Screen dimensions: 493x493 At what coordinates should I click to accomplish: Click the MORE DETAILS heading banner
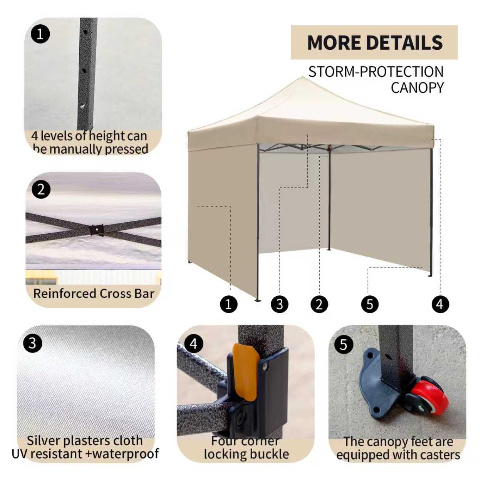(374, 42)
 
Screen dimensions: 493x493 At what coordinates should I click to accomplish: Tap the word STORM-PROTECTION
(376, 72)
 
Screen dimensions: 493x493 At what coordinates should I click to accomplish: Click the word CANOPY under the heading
(417, 88)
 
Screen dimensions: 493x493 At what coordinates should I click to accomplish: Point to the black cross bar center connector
(97, 230)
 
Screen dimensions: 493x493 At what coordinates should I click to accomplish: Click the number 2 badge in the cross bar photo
(41, 189)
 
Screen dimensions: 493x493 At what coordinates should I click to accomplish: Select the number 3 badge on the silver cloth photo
(32, 343)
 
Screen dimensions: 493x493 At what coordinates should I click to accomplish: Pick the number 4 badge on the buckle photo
(194, 344)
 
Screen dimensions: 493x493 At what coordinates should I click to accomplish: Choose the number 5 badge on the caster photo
(344, 344)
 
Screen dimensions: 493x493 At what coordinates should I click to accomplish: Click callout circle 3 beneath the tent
(280, 304)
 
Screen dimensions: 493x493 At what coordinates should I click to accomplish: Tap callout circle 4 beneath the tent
(440, 304)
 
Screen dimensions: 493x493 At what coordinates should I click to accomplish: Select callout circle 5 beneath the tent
(370, 304)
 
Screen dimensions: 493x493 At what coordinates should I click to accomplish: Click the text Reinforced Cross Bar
(94, 294)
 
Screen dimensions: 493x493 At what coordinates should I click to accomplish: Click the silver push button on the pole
(82, 106)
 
